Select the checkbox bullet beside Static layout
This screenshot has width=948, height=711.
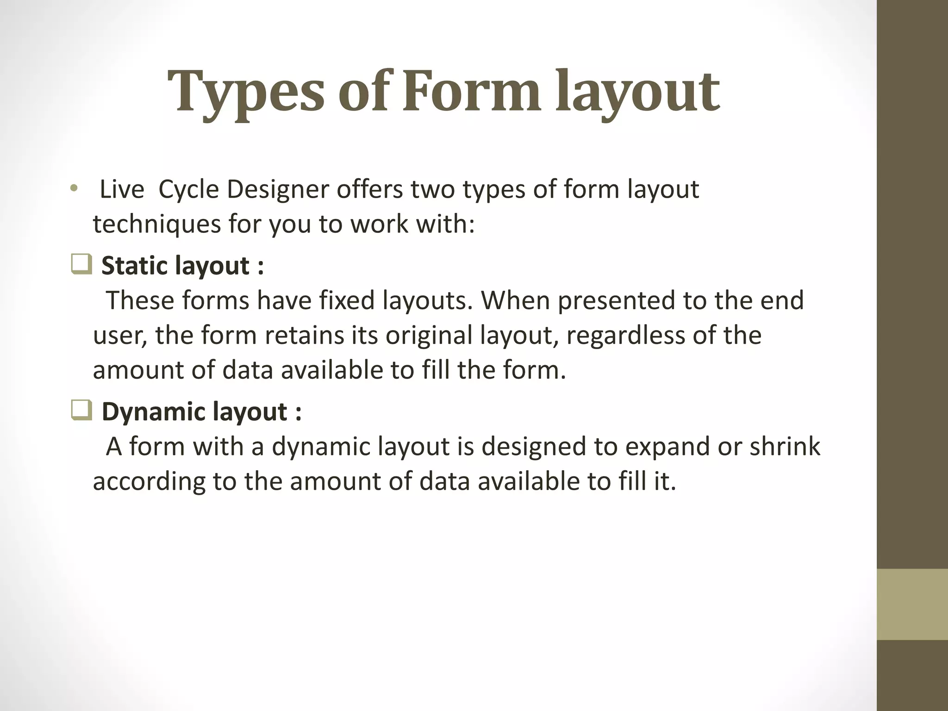point(82,265)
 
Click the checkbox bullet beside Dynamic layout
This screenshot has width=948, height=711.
point(82,411)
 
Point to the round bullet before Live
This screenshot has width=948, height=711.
point(73,189)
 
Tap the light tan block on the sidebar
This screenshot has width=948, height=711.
point(912,604)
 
